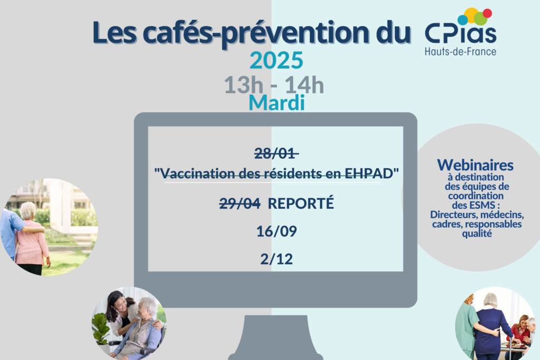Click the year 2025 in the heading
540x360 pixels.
coord(276,60)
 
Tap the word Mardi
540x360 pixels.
coord(276,103)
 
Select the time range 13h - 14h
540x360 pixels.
coord(274,85)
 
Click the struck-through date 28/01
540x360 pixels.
coord(275,153)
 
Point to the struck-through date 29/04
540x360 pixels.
coord(240,203)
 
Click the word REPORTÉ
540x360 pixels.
coord(301,203)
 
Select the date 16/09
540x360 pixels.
coord(276,231)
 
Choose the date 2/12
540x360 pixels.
coord(276,259)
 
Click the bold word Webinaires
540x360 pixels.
coord(475,165)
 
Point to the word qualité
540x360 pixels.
coord(477,233)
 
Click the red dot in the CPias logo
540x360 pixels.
coord(487,13)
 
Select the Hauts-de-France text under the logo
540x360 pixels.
coord(460,52)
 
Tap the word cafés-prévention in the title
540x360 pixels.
coord(252,33)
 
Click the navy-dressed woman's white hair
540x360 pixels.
coord(490,300)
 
